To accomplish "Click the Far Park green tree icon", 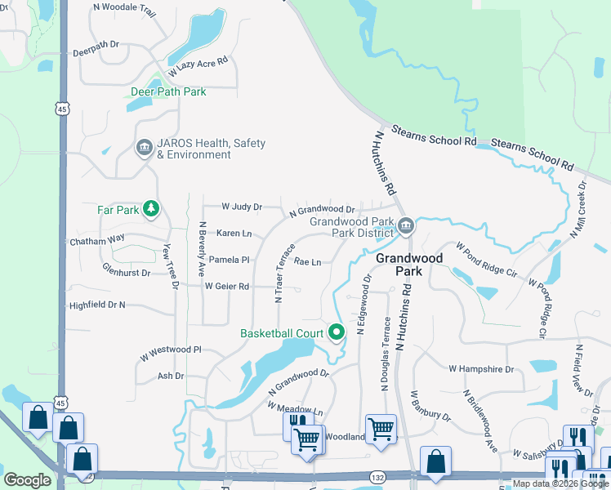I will [150, 210].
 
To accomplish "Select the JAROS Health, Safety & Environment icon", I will [144, 148].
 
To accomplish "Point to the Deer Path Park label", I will [168, 92].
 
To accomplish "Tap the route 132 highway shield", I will [377, 475].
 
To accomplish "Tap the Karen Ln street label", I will [234, 234].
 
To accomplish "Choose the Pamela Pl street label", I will [229, 260].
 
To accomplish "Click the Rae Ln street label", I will [307, 262].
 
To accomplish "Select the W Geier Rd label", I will [226, 287].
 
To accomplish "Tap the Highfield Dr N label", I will [97, 305].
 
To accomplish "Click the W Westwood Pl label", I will [170, 350].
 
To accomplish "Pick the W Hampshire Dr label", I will [481, 369].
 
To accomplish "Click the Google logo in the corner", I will [27, 480].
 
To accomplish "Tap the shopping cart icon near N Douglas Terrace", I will [381, 428].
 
